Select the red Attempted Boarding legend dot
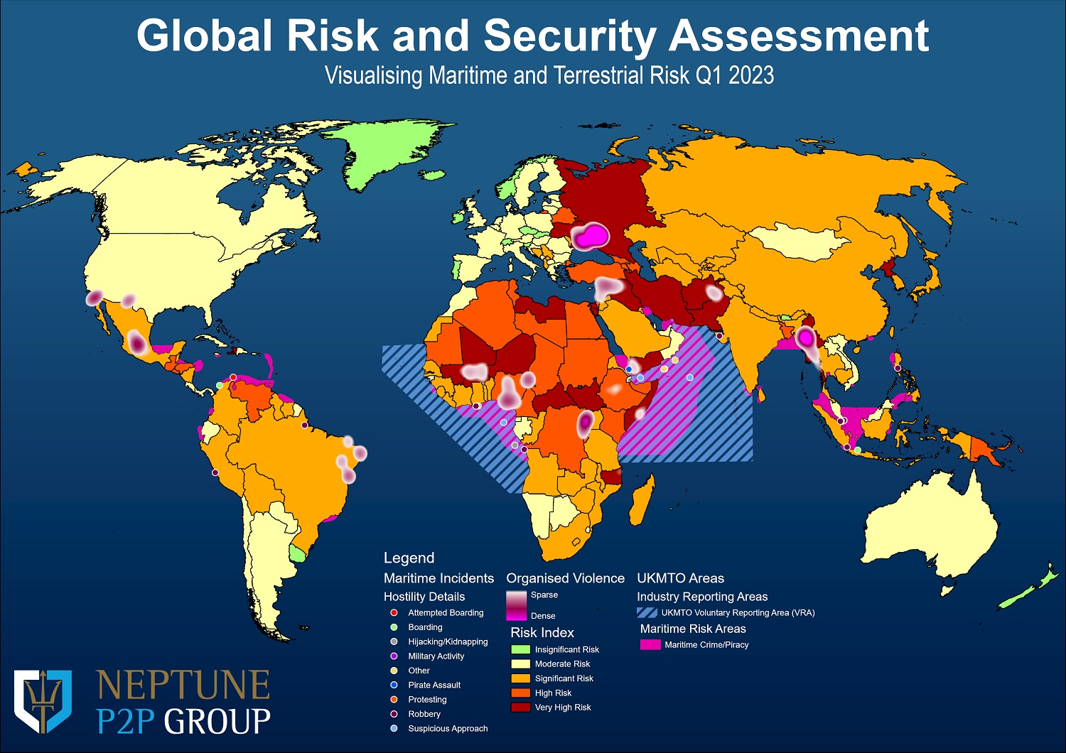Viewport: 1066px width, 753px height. (394, 612)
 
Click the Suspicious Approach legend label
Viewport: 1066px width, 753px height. (448, 728)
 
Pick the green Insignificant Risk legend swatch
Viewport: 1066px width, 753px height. (520, 649)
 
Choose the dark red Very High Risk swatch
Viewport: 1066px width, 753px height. (520, 708)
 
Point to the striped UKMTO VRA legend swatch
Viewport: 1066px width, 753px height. (647, 612)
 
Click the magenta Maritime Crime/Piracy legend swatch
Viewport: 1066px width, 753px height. (650, 645)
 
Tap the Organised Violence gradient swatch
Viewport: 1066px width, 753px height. (516, 605)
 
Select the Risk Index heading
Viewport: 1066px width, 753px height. (542, 632)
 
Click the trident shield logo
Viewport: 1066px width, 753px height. (43, 700)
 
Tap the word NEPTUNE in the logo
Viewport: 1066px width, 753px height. (183, 685)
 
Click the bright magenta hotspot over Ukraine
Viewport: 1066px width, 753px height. (589, 236)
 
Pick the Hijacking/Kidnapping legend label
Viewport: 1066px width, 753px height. (448, 641)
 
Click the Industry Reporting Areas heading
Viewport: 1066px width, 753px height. (702, 597)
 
